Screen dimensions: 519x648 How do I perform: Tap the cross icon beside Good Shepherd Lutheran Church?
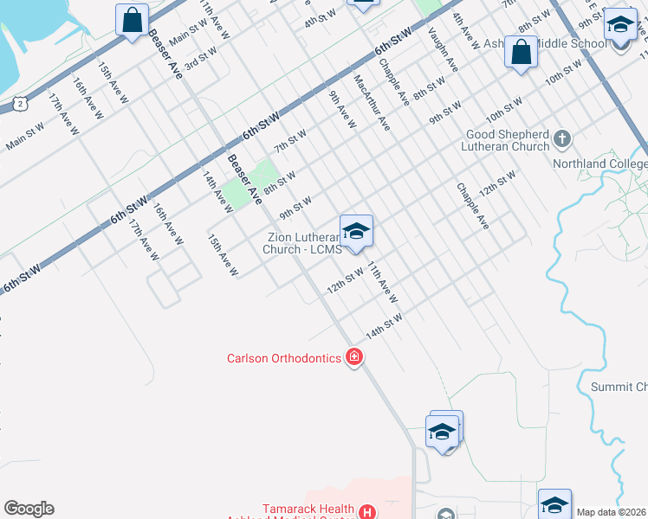click(562, 138)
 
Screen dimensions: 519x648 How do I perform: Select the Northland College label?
click(612, 163)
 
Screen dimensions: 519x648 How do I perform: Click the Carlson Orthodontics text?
click(283, 358)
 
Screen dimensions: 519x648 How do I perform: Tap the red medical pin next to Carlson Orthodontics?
click(353, 356)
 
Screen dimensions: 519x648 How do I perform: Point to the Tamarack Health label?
click(308, 509)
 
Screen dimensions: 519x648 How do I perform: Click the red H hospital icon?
click(367, 512)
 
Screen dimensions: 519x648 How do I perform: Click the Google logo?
click(29, 509)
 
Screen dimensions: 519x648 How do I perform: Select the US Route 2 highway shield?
click(20, 103)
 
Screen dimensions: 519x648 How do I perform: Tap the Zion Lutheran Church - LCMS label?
click(300, 243)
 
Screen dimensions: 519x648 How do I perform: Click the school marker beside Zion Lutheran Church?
click(356, 233)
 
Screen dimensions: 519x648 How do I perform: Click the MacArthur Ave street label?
click(372, 101)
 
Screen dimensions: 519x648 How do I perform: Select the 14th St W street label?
click(384, 327)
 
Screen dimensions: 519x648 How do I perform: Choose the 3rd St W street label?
click(201, 60)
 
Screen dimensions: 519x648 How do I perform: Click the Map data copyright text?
click(612, 512)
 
